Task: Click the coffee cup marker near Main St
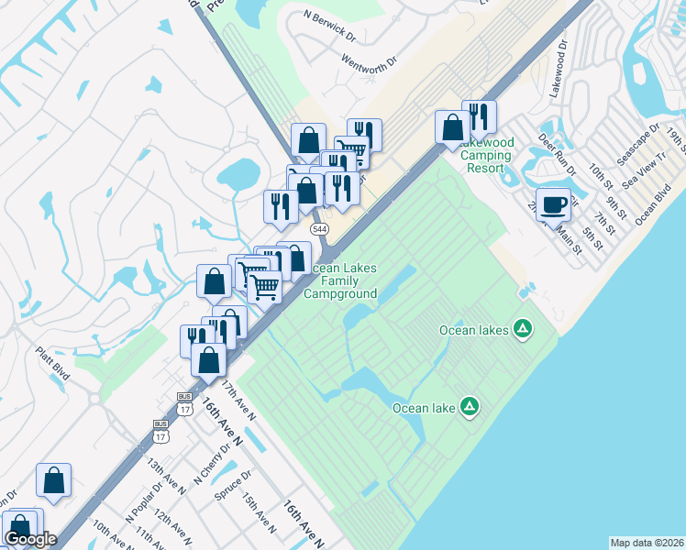point(554,204)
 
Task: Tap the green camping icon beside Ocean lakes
point(523,328)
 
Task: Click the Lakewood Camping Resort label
point(485,155)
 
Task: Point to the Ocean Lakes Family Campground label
point(341,280)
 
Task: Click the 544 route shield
point(319,228)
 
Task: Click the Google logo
point(29,539)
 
